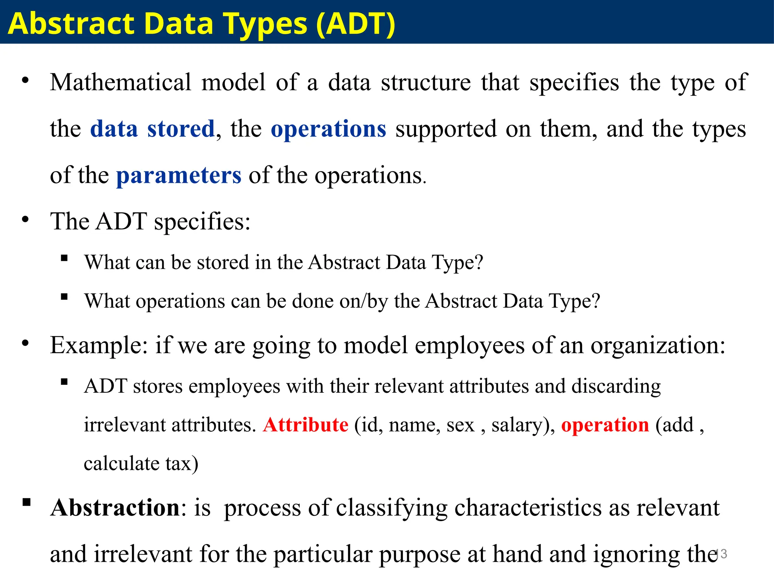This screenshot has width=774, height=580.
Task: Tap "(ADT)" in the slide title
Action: click(x=355, y=23)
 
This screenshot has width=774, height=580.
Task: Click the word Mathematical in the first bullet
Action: click(x=121, y=82)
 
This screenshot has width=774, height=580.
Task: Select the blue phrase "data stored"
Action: click(x=152, y=129)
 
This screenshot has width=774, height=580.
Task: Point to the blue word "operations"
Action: click(x=328, y=129)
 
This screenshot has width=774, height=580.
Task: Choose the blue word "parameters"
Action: click(x=179, y=176)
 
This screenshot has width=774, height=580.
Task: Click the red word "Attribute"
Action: click(x=305, y=425)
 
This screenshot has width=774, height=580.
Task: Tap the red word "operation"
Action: click(x=605, y=425)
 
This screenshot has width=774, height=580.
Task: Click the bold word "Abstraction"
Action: click(x=115, y=508)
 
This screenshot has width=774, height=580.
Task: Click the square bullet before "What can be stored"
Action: click(x=64, y=258)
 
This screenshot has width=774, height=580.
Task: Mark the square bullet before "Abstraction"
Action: click(x=26, y=502)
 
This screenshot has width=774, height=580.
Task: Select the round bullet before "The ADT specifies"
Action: click(x=25, y=219)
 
